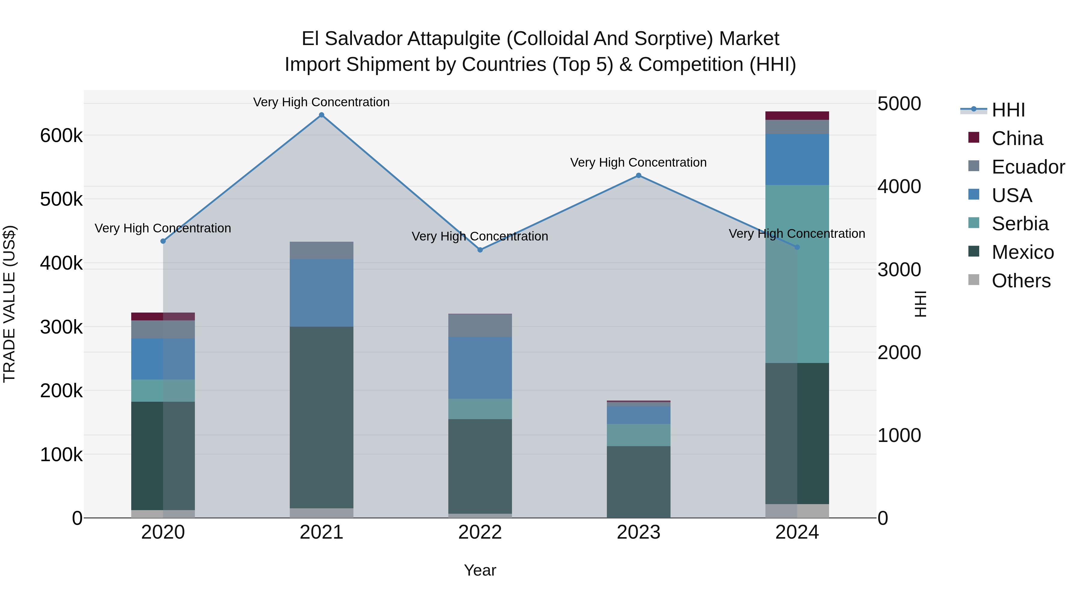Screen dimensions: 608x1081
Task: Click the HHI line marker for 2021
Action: coord(321,115)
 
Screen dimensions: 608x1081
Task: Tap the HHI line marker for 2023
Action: coord(639,175)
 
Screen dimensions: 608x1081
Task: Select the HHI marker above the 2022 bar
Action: coord(480,250)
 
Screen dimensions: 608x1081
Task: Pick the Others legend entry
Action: coord(1021,281)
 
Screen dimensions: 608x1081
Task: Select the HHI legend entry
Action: coord(1008,110)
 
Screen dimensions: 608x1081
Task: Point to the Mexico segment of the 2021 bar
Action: coord(321,418)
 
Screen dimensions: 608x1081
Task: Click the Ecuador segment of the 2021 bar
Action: coord(321,250)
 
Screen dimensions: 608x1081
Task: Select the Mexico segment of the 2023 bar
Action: coord(639,482)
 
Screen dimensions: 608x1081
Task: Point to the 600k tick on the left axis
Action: coord(61,135)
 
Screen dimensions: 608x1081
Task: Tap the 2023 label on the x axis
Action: coord(639,532)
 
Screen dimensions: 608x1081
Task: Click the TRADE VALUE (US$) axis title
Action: coord(9,304)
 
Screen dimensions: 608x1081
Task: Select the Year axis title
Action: coord(480,570)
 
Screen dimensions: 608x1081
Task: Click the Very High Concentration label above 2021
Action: coord(321,102)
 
